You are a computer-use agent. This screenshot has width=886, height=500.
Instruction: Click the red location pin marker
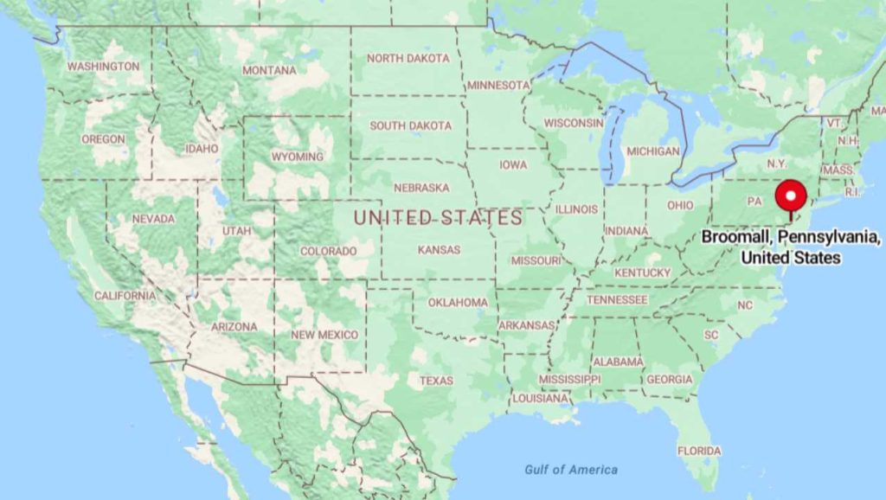point(789,196)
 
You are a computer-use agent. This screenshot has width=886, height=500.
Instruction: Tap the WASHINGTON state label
point(103,67)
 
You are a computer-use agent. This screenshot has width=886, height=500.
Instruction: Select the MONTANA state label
point(269,70)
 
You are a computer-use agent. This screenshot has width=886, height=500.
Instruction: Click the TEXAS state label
point(436,381)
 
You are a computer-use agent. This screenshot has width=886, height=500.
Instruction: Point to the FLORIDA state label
point(699,451)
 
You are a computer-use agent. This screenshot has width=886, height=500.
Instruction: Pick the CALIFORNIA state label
point(125,296)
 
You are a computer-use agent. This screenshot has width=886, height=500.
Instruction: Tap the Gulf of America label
point(571,470)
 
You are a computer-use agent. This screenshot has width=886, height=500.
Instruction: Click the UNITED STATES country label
point(438,218)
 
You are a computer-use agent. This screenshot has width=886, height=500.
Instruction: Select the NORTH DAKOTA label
point(408,59)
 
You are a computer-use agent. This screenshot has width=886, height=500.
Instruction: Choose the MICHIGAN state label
point(653,151)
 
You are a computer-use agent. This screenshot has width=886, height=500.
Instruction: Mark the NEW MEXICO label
point(324,335)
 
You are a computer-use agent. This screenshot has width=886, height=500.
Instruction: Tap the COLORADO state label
point(328,251)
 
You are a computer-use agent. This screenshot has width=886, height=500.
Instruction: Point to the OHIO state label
point(680,205)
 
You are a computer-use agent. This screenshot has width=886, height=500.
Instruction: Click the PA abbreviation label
point(754,201)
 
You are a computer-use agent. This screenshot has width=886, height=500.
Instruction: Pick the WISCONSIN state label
point(574,123)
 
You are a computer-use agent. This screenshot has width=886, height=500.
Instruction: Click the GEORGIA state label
point(670,379)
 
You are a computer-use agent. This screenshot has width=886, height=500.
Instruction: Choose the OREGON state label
point(103,139)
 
